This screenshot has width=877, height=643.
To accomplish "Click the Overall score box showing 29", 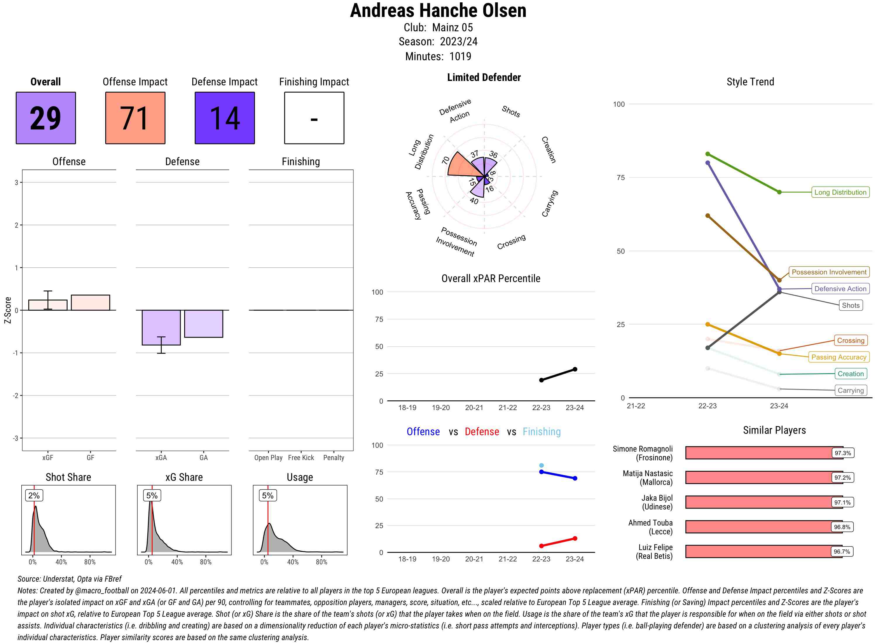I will point(46,118).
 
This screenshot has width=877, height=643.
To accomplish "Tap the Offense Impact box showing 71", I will point(135,118).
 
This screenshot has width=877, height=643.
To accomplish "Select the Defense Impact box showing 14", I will point(225,118).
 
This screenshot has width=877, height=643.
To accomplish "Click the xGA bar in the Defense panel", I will point(161,327).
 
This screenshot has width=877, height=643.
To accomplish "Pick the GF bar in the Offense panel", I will point(90,303).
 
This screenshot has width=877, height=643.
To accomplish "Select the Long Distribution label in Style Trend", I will point(840,192).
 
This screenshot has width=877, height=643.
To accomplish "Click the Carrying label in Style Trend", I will point(850,390).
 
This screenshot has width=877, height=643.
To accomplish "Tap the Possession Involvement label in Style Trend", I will point(829,272).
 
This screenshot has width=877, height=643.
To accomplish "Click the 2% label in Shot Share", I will point(34,495).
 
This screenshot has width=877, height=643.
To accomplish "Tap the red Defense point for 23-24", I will point(575,539).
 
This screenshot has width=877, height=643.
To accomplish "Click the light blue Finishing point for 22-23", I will point(541,466).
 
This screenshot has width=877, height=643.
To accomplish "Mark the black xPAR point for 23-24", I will point(575,369).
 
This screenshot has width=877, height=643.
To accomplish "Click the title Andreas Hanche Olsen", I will point(438,11).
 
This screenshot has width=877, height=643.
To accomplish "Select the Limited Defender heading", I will point(484,77).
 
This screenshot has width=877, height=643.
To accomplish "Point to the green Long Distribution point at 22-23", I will point(708,154).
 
